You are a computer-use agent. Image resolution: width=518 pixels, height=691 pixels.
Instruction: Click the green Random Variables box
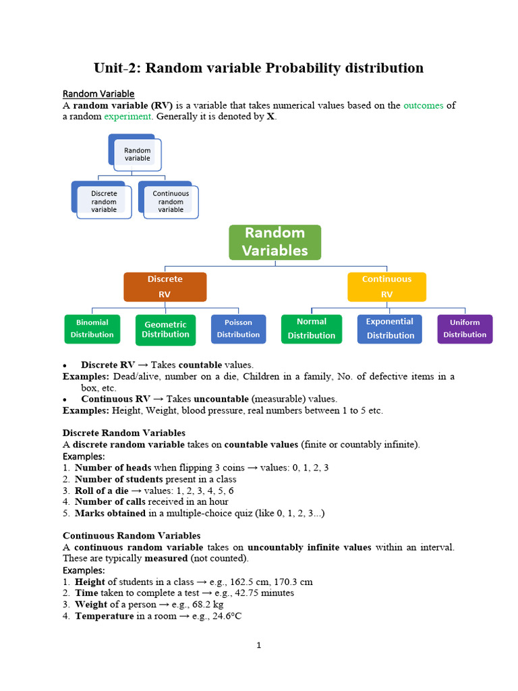tap(275, 242)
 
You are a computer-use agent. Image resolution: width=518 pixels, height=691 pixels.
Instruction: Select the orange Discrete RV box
tap(165, 287)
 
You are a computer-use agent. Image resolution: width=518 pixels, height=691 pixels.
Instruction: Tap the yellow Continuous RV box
tap(386, 287)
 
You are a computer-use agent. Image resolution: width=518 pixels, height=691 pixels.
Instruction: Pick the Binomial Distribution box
tap(92, 329)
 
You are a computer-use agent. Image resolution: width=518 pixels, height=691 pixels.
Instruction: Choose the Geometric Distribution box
tap(165, 329)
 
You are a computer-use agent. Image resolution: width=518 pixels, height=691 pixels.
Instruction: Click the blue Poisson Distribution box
tap(238, 329)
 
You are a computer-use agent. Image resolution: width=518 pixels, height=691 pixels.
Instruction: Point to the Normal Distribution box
tap(311, 329)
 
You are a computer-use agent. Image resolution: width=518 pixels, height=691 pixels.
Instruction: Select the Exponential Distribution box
tap(390, 329)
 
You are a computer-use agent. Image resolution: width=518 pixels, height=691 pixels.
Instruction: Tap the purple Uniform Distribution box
tap(465, 329)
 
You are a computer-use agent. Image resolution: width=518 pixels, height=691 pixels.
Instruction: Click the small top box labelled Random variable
tap(137, 154)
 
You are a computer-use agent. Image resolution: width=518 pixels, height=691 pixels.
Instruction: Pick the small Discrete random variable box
tap(103, 201)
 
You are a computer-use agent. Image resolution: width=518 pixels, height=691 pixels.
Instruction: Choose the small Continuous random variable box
tap(170, 201)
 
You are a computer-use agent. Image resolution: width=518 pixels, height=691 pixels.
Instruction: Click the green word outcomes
tap(423, 105)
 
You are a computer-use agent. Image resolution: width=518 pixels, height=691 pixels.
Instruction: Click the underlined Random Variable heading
tap(98, 94)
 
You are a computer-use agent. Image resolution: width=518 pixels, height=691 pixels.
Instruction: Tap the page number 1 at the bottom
tap(258, 645)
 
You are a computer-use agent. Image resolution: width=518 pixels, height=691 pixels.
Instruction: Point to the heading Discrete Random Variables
tap(124, 433)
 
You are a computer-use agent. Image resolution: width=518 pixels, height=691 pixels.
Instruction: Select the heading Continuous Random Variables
tap(132, 535)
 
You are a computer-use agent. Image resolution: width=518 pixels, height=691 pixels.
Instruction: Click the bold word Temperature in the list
tap(105, 616)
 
